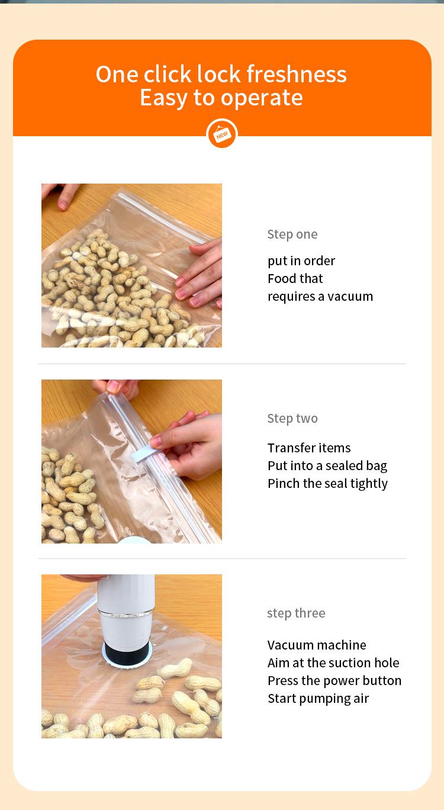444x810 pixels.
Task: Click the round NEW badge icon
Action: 222,134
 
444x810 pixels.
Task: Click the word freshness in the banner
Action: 296,75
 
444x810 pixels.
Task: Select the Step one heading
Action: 292,234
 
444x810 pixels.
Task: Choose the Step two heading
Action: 292,418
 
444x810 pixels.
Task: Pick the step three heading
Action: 296,613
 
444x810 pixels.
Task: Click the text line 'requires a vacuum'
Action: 320,296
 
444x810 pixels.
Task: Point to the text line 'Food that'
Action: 295,278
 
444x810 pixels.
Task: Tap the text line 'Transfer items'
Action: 308,448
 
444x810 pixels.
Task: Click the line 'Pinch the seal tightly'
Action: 327,483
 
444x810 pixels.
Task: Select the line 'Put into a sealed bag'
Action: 327,465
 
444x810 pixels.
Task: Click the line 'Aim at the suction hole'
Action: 333,663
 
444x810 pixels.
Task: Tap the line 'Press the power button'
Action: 334,680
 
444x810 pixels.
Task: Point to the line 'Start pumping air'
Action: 318,698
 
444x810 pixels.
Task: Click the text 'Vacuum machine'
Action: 317,645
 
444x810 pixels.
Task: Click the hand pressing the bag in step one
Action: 201,272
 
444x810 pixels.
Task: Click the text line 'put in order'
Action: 301,261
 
